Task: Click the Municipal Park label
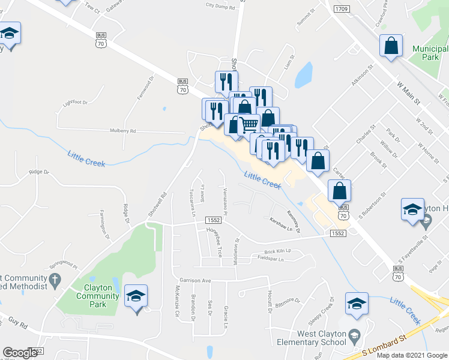click(430, 53)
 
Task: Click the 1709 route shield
click(342, 9)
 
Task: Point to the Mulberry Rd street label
click(123, 130)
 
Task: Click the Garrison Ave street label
click(195, 280)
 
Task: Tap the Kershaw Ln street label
click(284, 225)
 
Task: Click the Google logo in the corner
click(20, 353)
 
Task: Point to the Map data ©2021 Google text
click(411, 355)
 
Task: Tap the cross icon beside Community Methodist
click(55, 278)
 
